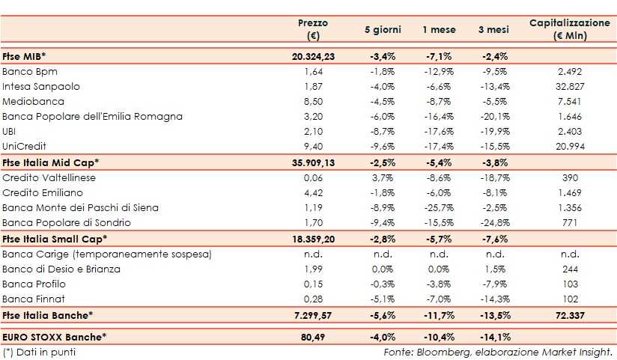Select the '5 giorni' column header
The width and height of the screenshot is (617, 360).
coord(383,30)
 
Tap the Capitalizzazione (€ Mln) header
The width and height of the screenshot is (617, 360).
coord(570,30)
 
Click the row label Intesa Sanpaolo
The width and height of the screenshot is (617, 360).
coord(41,86)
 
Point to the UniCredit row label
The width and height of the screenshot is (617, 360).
coord(25,147)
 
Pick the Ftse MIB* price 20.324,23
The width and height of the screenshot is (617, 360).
coord(314,56)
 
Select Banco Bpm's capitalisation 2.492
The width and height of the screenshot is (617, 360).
coord(570,71)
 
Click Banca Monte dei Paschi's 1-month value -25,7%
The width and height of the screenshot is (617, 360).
coord(438,207)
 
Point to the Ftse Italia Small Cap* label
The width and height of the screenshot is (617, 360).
coord(55,239)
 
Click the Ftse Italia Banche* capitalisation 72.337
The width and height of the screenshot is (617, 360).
coord(570,315)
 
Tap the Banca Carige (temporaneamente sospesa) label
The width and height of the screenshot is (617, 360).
coord(107,254)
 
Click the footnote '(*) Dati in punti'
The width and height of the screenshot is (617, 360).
coord(40,352)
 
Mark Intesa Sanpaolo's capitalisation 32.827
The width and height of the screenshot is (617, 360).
coord(570,86)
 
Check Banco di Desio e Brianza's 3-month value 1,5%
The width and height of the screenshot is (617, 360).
coord(491,269)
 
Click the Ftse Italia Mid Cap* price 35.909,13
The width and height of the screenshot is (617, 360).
coord(314,162)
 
